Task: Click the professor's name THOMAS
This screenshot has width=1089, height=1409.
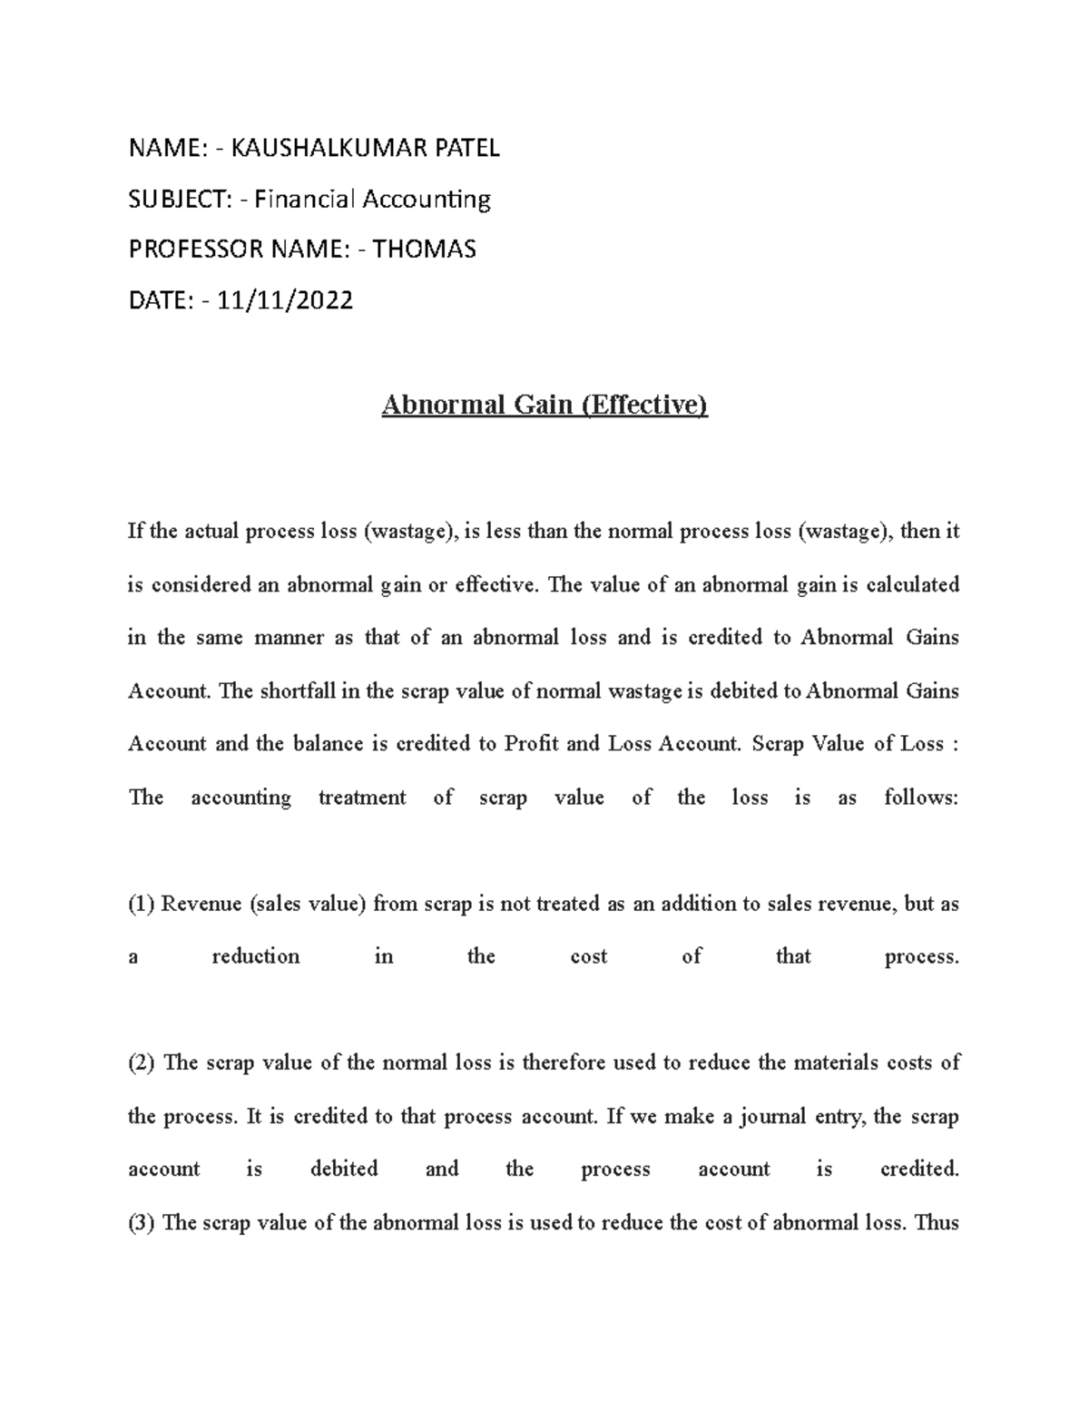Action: (x=424, y=249)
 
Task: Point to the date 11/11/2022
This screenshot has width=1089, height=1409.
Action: (x=282, y=299)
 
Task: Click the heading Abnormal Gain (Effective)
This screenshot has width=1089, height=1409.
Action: (x=544, y=404)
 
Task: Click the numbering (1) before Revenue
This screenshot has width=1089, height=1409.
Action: (x=142, y=904)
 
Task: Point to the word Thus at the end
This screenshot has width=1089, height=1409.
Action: (x=937, y=1222)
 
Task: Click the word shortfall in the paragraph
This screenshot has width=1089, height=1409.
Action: (x=297, y=691)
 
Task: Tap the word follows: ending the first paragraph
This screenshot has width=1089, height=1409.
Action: (x=920, y=797)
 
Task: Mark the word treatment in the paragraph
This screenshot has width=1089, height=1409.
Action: (x=362, y=797)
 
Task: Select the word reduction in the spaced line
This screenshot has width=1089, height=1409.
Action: (x=255, y=956)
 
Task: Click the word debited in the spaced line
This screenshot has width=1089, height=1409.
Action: (x=344, y=1169)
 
